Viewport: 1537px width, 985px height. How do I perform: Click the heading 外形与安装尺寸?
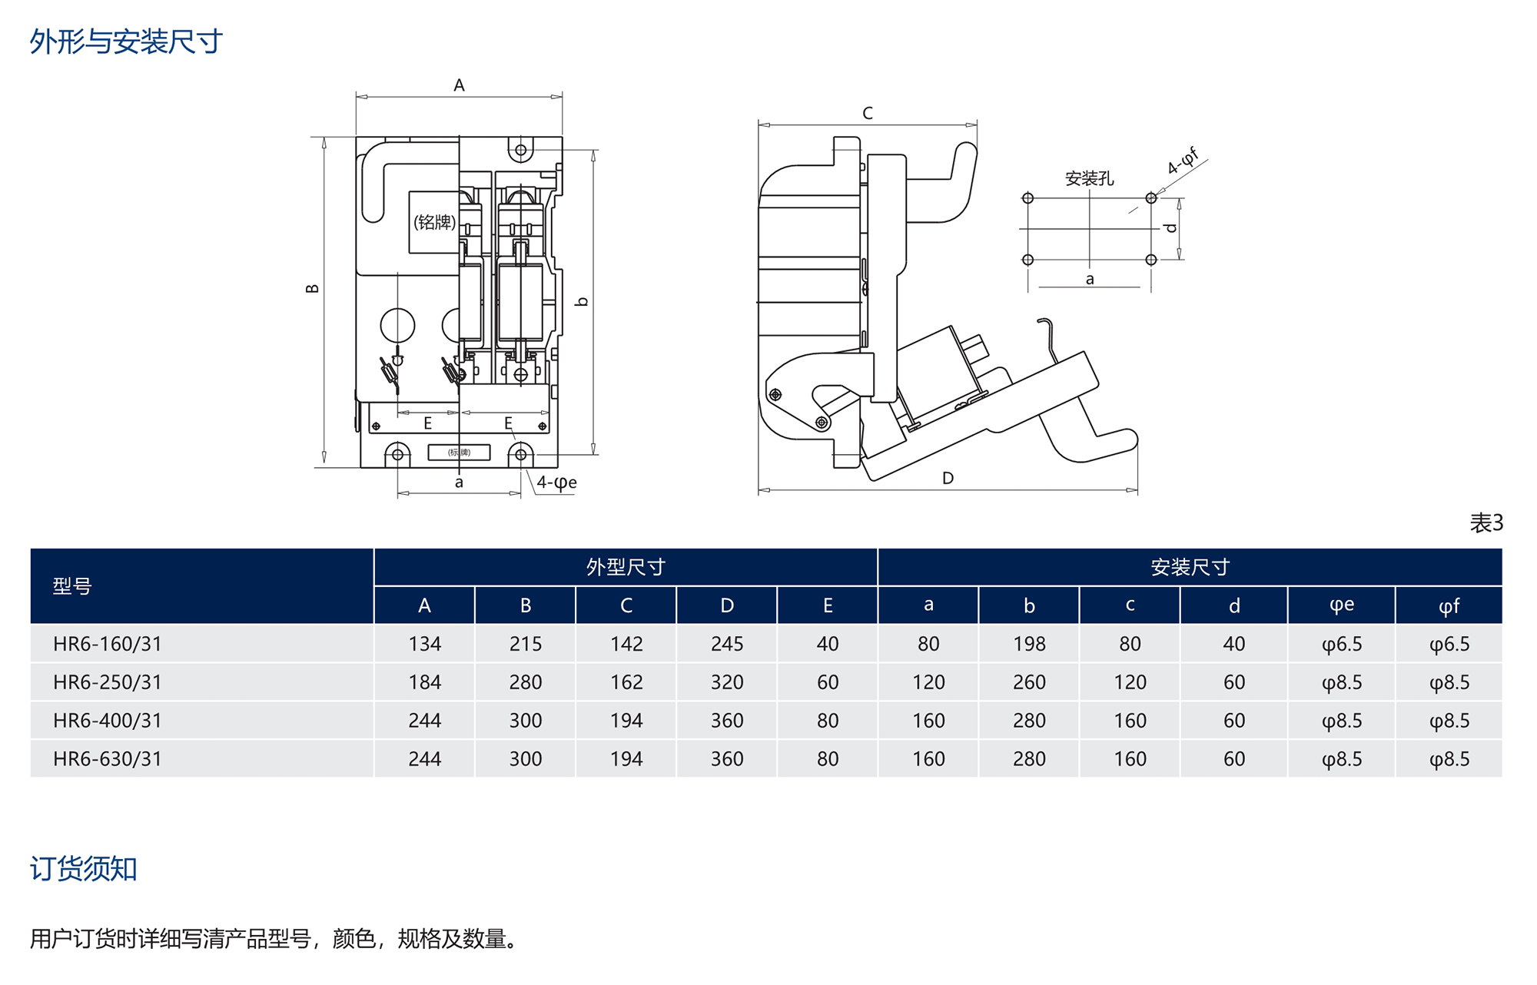[x=126, y=41]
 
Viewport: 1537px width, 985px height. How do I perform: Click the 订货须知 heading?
[x=83, y=869]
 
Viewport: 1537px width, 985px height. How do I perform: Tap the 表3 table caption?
[x=1486, y=523]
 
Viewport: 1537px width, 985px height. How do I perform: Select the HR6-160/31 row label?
[x=108, y=644]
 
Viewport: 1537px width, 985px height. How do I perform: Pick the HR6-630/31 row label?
[x=108, y=759]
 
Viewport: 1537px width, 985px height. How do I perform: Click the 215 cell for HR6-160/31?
[x=525, y=644]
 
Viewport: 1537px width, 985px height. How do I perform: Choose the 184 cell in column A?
[x=424, y=682]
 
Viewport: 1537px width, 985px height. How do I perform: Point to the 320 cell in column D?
[x=726, y=682]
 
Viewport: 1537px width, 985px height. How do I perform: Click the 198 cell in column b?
[x=1029, y=644]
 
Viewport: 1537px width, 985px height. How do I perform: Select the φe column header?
[x=1341, y=605]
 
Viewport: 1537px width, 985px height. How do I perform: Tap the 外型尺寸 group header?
[x=626, y=567]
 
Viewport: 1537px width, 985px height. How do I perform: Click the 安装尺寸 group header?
[x=1190, y=567]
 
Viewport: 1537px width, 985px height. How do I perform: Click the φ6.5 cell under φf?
[x=1449, y=644]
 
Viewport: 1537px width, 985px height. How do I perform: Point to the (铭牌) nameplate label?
[x=434, y=223]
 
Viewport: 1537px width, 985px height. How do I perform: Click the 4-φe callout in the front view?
[x=556, y=483]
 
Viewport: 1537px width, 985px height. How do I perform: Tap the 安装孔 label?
[x=1089, y=179]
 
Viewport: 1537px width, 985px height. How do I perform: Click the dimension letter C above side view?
[x=868, y=114]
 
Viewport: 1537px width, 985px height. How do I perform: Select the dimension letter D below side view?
[x=948, y=478]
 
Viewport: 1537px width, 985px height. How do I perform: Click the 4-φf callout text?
[x=1183, y=161]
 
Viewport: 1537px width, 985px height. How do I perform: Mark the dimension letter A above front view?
[x=459, y=85]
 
